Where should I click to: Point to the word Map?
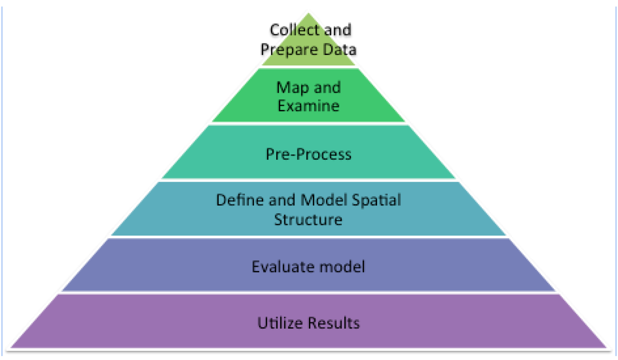click(292, 87)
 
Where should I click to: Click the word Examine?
click(309, 105)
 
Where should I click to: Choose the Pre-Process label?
click(309, 154)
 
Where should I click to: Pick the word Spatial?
click(379, 200)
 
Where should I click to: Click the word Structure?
click(309, 219)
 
